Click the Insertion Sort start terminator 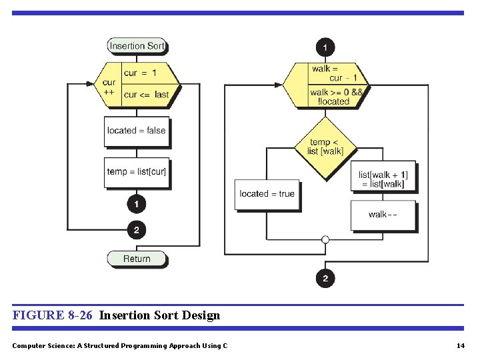tap(137, 46)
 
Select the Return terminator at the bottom tap(137, 259)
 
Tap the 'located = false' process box tap(136, 131)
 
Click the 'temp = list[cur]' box tap(137, 172)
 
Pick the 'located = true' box tap(267, 194)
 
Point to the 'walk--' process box tap(383, 215)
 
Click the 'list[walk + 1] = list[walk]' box tap(383, 179)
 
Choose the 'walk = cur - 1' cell tap(335, 73)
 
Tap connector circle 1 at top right tap(325, 47)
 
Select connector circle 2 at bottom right tap(325, 278)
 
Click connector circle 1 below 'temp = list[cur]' tap(137, 203)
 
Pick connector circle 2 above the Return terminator tap(137, 231)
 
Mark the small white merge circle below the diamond tap(325, 239)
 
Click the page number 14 tap(460, 345)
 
